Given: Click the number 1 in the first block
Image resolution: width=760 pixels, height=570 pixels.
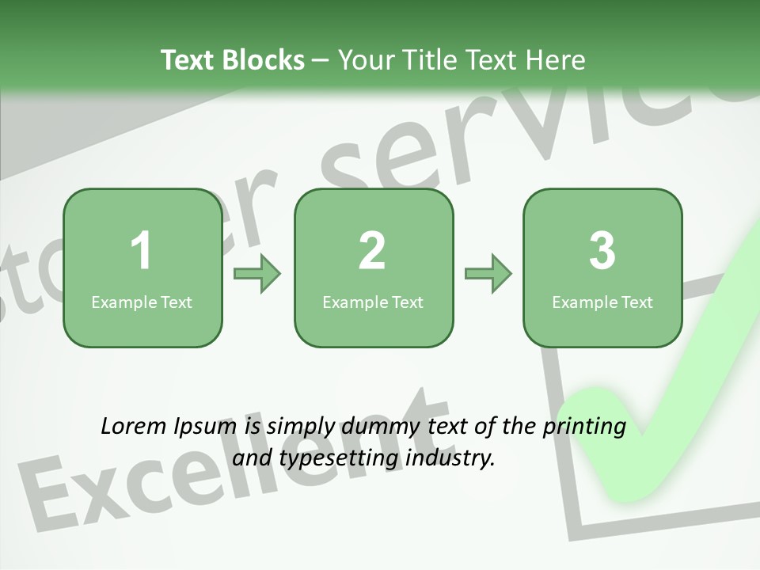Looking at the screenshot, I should click(x=142, y=251).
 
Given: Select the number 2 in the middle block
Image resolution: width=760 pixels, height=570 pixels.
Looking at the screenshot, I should click(x=372, y=251).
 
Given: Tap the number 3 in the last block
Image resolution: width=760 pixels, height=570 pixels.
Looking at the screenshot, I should click(x=602, y=251).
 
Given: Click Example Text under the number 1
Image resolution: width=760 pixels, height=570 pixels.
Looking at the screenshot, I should click(x=142, y=302).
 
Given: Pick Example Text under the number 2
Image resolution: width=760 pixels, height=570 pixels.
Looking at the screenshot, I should click(x=373, y=302).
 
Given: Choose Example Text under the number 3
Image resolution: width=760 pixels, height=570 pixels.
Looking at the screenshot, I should click(x=602, y=302).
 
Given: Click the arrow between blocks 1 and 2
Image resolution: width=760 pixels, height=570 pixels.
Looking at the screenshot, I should click(x=257, y=274).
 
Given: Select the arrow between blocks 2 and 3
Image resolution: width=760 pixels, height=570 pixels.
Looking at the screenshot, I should click(x=488, y=274).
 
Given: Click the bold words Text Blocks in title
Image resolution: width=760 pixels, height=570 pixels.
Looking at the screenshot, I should click(x=232, y=60).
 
